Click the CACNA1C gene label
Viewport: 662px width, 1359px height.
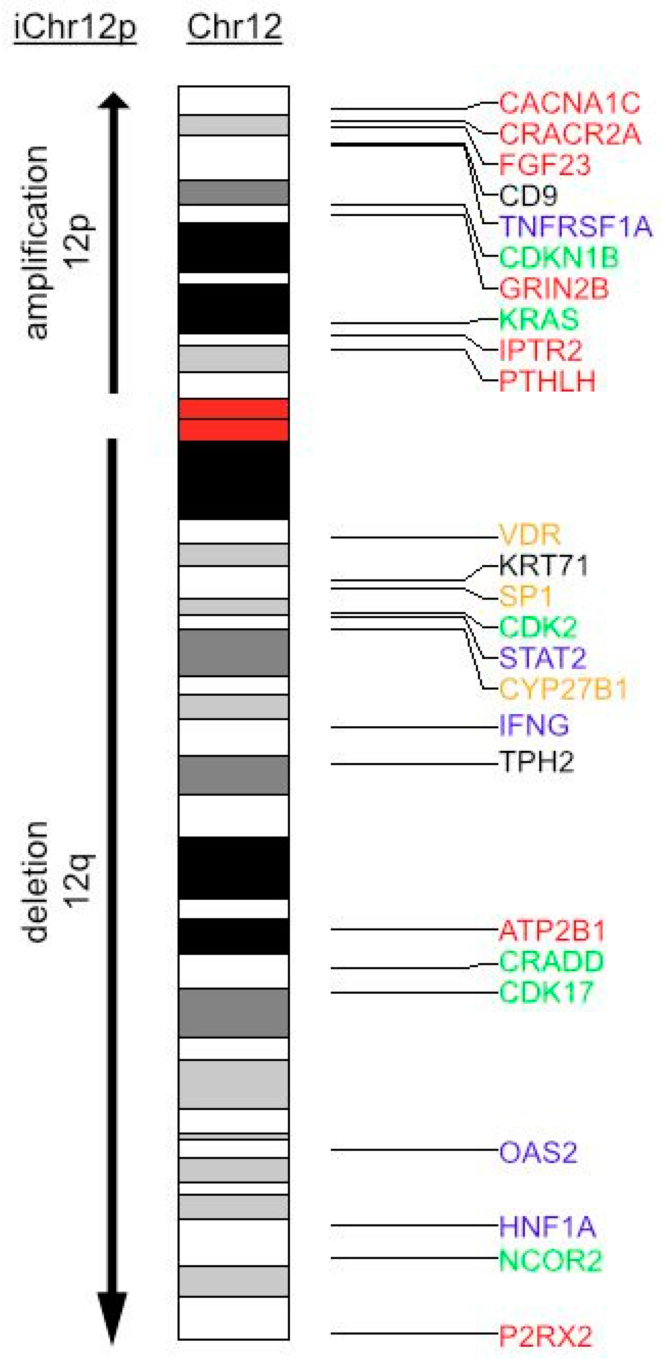coord(569,103)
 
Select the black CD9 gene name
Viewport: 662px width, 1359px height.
coord(528,196)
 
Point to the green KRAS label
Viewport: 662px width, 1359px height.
coord(539,319)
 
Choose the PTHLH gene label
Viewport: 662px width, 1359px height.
coord(547,380)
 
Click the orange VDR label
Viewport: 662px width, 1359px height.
coord(529,535)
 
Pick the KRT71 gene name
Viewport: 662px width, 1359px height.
coord(543,565)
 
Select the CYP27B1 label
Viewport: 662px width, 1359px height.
coord(563,688)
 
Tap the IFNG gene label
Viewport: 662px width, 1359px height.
coord(534,726)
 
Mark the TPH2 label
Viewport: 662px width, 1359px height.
coord(536,762)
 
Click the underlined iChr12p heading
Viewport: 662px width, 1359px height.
coord(74,27)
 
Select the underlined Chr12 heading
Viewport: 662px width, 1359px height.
coord(234,27)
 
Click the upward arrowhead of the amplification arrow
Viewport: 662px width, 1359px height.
coord(113,101)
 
